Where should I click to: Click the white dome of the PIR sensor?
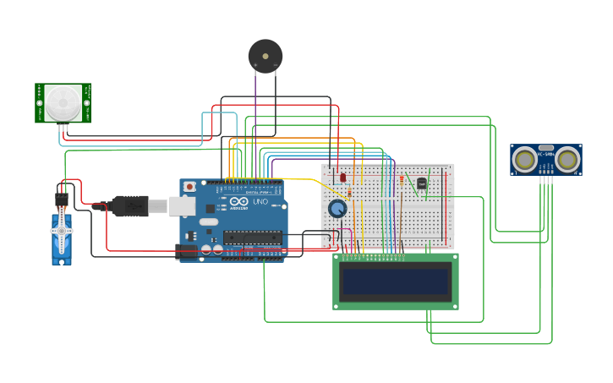(x=63, y=102)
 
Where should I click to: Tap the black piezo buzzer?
(x=265, y=56)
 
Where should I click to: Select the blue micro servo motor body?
(x=62, y=240)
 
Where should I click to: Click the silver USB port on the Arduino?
(x=182, y=206)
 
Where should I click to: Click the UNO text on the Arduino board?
(x=260, y=203)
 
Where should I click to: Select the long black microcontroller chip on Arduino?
(x=252, y=238)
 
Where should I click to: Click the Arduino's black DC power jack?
(x=187, y=251)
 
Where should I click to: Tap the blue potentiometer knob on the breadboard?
(x=337, y=208)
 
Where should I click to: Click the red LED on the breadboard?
(x=342, y=178)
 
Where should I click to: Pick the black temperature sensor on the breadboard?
(x=422, y=183)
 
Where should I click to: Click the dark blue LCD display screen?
(x=395, y=281)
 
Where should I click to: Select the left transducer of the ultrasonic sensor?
(x=525, y=158)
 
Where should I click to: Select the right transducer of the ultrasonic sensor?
(x=567, y=158)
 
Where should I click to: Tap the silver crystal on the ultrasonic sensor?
(x=546, y=148)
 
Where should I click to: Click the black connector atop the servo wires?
(x=62, y=200)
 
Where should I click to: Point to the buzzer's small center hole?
(x=265, y=56)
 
